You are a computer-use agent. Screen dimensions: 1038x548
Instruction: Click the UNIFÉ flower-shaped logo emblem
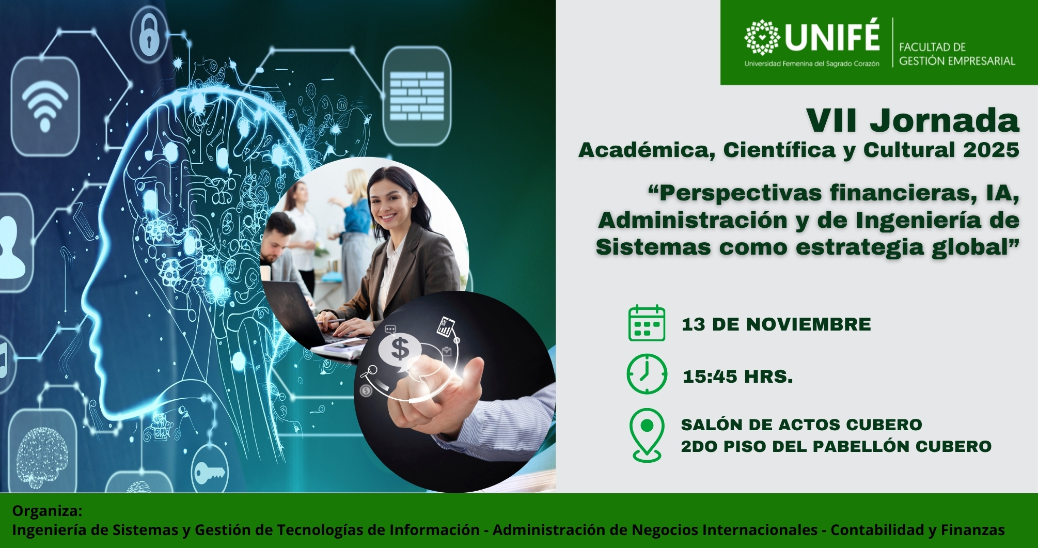pyautogui.click(x=762, y=37)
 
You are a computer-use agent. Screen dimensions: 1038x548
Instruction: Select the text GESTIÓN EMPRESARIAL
pyautogui.click(x=957, y=61)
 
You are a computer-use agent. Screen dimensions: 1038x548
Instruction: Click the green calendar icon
pyautogui.click(x=647, y=323)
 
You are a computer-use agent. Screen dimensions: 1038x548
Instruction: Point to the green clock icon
pyautogui.click(x=647, y=374)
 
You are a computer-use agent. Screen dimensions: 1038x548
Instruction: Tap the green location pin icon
pyautogui.click(x=647, y=434)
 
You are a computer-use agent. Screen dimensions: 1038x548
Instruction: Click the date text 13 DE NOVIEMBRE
pyautogui.click(x=776, y=324)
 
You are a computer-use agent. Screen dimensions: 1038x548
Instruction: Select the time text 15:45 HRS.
pyautogui.click(x=737, y=377)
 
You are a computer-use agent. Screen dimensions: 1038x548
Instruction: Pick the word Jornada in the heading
pyautogui.click(x=945, y=121)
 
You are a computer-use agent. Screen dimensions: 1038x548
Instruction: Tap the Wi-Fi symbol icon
pyautogui.click(x=45, y=106)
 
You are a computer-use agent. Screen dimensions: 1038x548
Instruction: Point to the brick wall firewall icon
pyautogui.click(x=417, y=96)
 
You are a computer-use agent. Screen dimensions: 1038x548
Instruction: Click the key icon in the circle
pyautogui.click(x=210, y=472)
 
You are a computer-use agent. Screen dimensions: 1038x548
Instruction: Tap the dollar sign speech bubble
pyautogui.click(x=400, y=349)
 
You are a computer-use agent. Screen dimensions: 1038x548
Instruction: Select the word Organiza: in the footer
pyautogui.click(x=47, y=511)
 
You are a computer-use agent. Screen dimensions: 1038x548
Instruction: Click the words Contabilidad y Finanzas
pyautogui.click(x=918, y=530)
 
